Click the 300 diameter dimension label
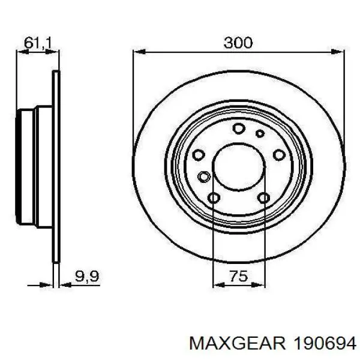[x=238, y=43]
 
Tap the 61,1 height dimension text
[x=37, y=42]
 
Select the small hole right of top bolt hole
[x=259, y=133]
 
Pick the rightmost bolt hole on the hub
[x=278, y=154]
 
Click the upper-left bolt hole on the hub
[x=199, y=154]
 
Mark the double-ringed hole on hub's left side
[x=204, y=176]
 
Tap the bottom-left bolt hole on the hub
[x=214, y=198]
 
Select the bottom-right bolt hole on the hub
[x=263, y=198]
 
